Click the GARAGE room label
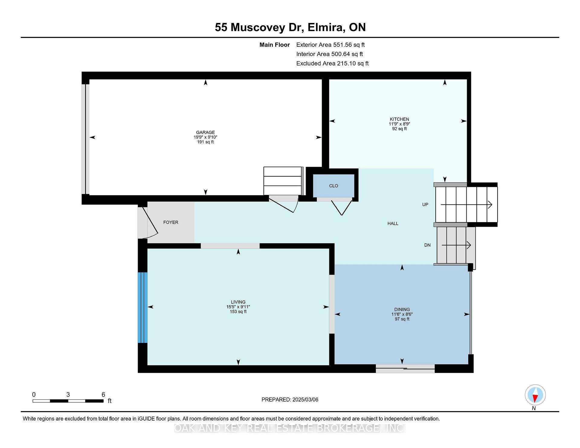point(205,132)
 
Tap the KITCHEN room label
point(399,119)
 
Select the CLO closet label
point(333,186)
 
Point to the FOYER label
point(171,222)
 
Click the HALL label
point(393,223)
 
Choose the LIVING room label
point(238,302)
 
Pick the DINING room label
point(402,309)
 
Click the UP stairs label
point(425,204)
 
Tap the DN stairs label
point(427,245)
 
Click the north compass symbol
point(535,395)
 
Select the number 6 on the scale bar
point(103,395)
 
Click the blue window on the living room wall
point(143,308)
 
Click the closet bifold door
point(342,208)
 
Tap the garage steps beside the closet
point(283,181)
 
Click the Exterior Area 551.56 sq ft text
point(330,45)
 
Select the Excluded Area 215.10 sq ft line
point(332,63)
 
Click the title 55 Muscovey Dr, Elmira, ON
point(290,27)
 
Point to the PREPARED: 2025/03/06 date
point(290,399)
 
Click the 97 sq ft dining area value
point(402,319)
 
